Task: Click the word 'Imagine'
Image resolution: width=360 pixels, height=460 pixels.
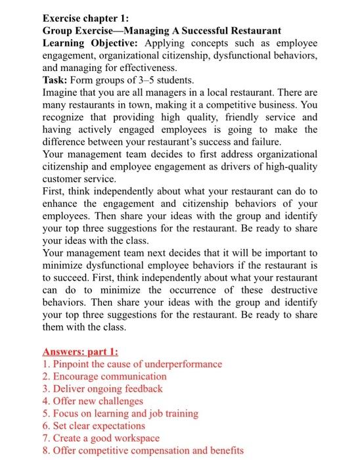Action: point(61,93)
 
